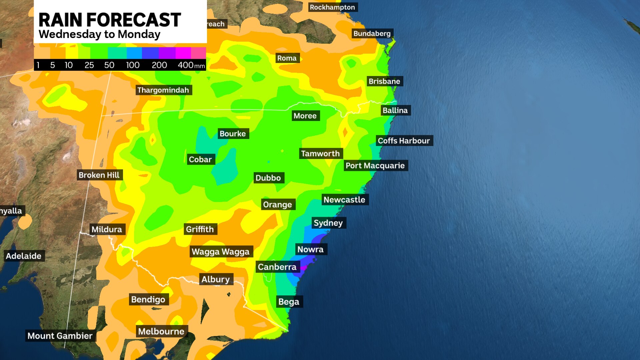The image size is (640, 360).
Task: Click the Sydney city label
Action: point(328,223)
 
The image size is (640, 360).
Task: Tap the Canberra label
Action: point(277,267)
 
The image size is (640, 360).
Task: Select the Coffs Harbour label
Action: point(404,141)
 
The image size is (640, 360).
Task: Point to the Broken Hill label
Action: point(99,175)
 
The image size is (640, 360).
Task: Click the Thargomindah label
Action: point(163,90)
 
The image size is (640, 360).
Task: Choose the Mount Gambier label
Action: point(60,336)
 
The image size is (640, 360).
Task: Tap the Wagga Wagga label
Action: point(221,252)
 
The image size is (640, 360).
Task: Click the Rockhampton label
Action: point(332,7)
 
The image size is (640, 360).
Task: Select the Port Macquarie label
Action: point(375,166)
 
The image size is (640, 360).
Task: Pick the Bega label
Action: point(289,302)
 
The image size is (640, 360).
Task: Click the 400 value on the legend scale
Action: point(186,65)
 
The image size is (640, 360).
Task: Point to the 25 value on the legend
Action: point(89,65)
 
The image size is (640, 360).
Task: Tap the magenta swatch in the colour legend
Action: point(183,53)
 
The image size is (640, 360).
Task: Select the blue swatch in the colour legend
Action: point(150,53)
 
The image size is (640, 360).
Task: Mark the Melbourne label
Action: point(161,331)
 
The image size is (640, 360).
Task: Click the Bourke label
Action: point(233,134)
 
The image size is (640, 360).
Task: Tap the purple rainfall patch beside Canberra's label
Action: point(304,268)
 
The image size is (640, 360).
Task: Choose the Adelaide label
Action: point(24,256)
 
